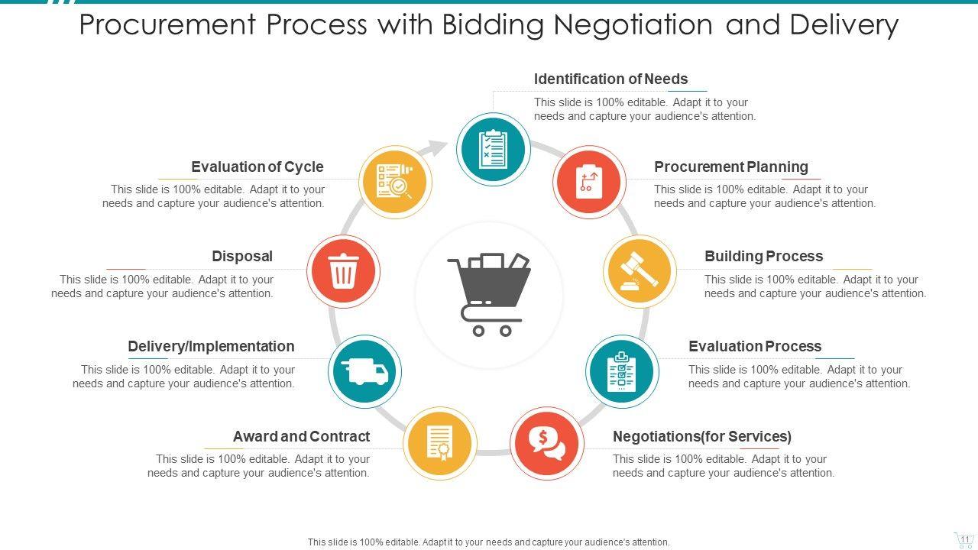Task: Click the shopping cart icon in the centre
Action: pyautogui.click(x=489, y=294)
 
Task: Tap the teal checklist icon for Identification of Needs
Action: pyautogui.click(x=493, y=149)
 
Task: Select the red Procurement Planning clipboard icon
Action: pyautogui.click(x=588, y=182)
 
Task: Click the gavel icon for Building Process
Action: pyautogui.click(x=639, y=271)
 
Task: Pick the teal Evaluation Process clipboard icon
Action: pyautogui.click(x=622, y=371)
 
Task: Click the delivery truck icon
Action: pyautogui.click(x=365, y=371)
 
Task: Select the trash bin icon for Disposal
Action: pyautogui.click(x=343, y=271)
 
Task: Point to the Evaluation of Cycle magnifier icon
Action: pyautogui.click(x=395, y=182)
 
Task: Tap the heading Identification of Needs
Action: pyautogui.click(x=610, y=79)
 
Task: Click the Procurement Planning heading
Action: pyautogui.click(x=730, y=167)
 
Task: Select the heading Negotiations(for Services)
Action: pyautogui.click(x=701, y=436)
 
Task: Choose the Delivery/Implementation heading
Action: pyautogui.click(x=211, y=346)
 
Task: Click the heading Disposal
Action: pyautogui.click(x=241, y=256)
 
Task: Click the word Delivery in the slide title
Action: pyautogui.click(x=844, y=25)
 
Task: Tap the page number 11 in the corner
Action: pyautogui.click(x=964, y=539)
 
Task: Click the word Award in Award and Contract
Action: pyautogui.click(x=254, y=436)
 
